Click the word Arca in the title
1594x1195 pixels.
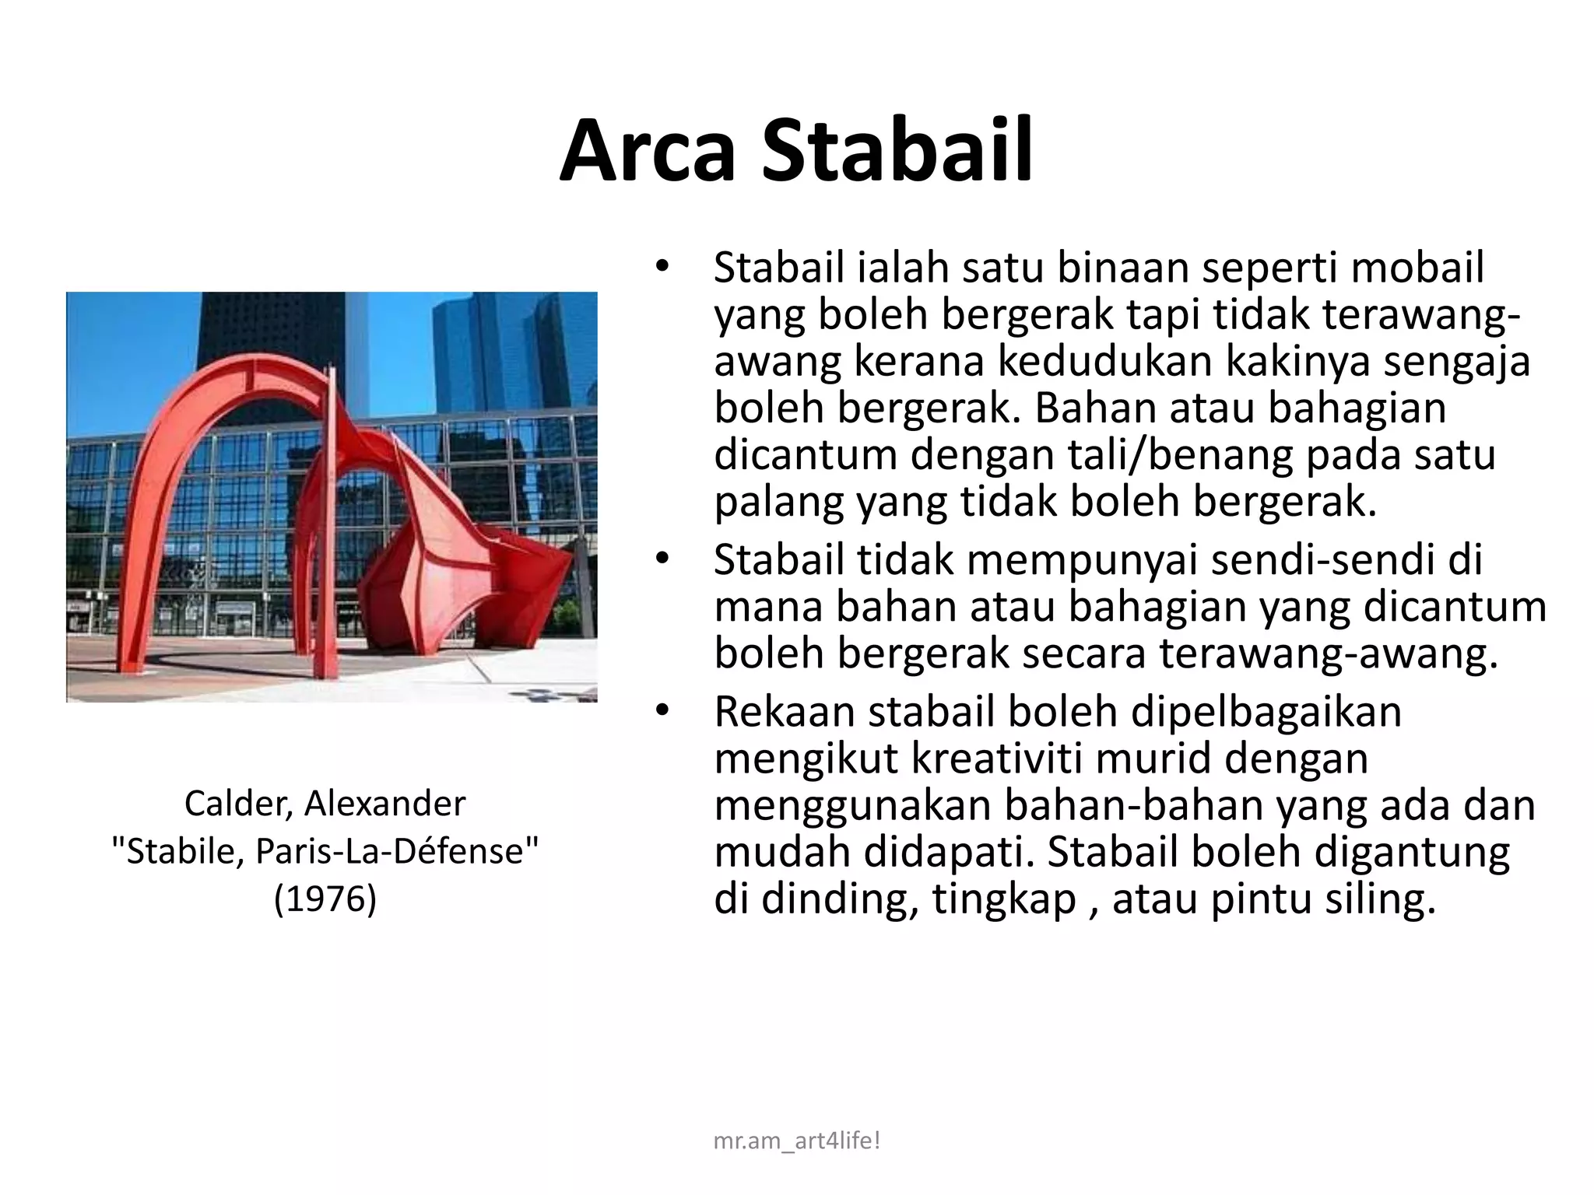click(647, 151)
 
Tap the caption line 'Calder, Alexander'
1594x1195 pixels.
click(325, 804)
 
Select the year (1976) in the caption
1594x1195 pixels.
click(325, 899)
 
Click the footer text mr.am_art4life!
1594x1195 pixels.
click(796, 1141)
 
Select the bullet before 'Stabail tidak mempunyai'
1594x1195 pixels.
click(662, 560)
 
